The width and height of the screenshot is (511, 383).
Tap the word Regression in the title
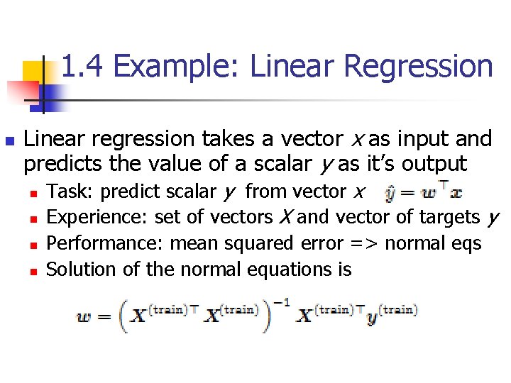pyautogui.click(x=418, y=67)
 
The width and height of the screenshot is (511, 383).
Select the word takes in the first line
pyautogui.click(x=222, y=138)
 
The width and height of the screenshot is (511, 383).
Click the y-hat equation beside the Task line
pyautogui.click(x=423, y=191)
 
